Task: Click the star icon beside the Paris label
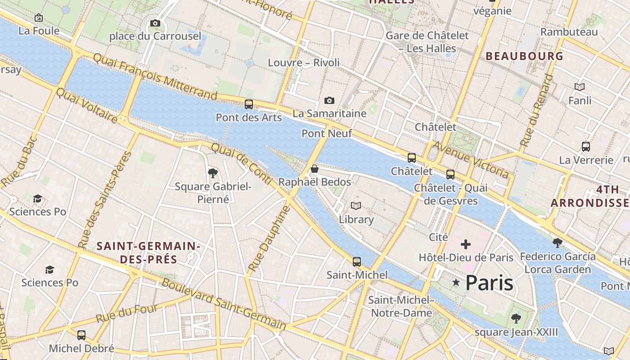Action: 456,283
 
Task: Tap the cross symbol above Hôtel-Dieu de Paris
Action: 466,244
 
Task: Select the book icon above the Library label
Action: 356,206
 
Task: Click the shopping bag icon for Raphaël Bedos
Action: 315,169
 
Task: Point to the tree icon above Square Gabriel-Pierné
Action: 212,173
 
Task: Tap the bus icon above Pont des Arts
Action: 248,104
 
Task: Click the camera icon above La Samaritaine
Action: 329,100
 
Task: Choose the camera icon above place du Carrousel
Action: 155,23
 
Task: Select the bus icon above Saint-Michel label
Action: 357,261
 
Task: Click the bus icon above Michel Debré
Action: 81,335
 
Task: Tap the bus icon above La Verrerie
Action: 585,147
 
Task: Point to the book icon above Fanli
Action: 580,87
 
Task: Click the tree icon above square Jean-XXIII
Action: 516,319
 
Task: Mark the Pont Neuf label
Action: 327,133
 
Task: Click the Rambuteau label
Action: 569,32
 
